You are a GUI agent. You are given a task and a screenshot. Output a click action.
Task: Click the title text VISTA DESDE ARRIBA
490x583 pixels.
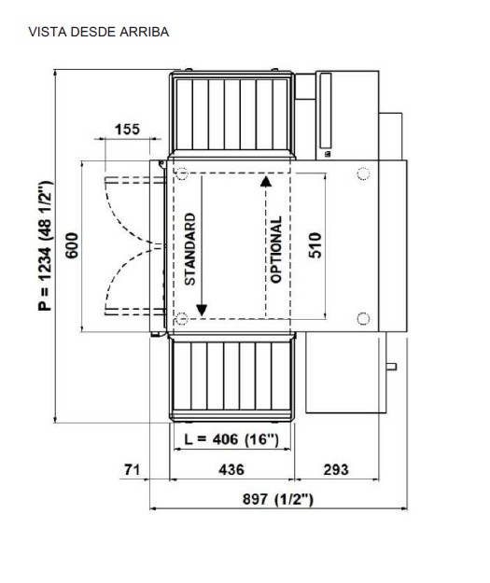pyautogui.click(x=99, y=32)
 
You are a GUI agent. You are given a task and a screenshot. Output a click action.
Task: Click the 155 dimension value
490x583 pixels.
pyautogui.click(x=127, y=130)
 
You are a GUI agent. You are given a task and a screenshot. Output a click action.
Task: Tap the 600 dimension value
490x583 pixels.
pyautogui.click(x=72, y=245)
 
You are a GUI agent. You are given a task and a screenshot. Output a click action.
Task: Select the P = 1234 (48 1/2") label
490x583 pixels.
pyautogui.click(x=46, y=245)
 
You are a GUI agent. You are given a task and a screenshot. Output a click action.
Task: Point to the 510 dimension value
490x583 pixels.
pyautogui.click(x=315, y=245)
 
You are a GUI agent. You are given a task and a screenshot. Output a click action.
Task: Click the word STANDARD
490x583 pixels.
pyautogui.click(x=190, y=249)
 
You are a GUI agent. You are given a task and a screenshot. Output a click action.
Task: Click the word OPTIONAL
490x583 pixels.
pyautogui.click(x=276, y=250)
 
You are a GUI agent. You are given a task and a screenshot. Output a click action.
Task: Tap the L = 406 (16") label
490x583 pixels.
pyautogui.click(x=231, y=439)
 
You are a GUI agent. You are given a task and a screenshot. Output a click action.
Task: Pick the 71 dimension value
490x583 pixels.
pyautogui.click(x=132, y=469)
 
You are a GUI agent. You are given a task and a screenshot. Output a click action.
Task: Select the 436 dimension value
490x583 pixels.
pyautogui.click(x=231, y=469)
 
